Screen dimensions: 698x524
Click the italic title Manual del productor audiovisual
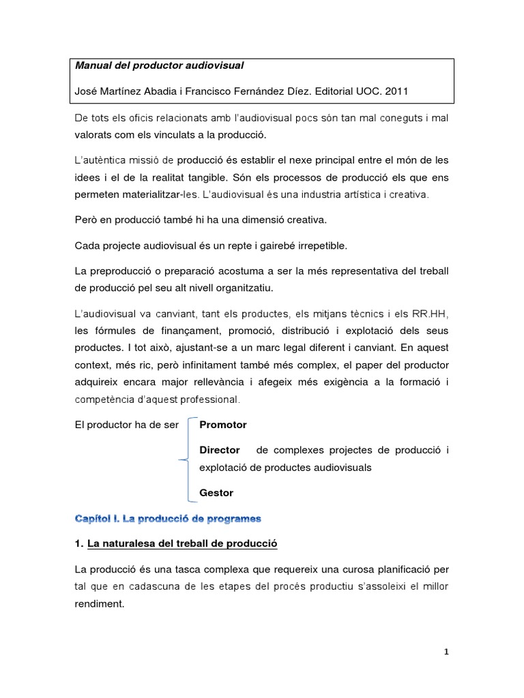[x=158, y=66]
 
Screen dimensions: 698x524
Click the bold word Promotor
[x=223, y=425]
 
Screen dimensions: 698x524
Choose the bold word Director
[x=219, y=450]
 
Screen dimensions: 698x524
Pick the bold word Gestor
[x=216, y=493]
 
